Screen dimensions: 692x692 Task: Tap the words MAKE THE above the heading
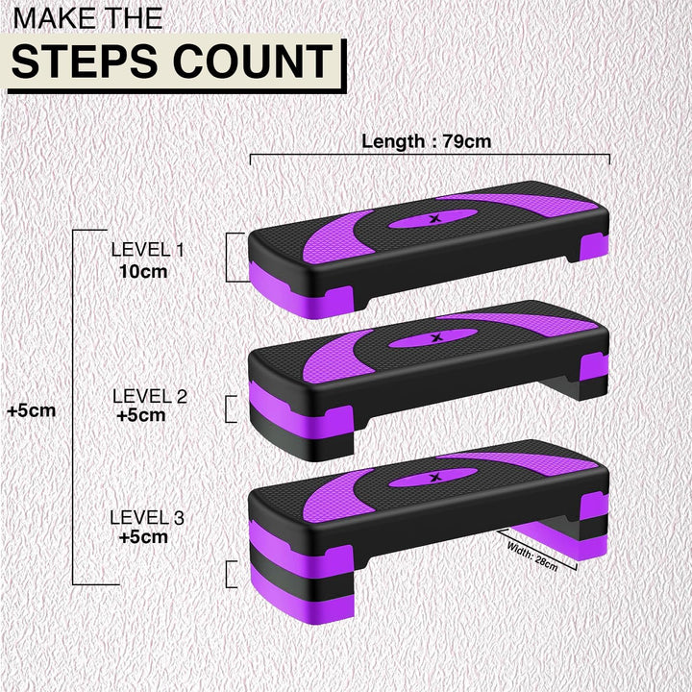[86, 16]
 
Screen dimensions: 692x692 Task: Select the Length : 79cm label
[426, 141]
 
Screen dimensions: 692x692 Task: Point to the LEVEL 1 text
[147, 250]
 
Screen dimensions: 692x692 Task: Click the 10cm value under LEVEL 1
[143, 271]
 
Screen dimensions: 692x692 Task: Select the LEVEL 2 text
[149, 395]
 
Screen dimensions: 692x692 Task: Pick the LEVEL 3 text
[147, 517]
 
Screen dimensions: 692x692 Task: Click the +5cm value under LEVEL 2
[140, 415]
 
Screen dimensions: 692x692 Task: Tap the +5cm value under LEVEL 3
[143, 537]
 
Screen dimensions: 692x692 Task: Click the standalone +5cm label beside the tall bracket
[31, 410]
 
